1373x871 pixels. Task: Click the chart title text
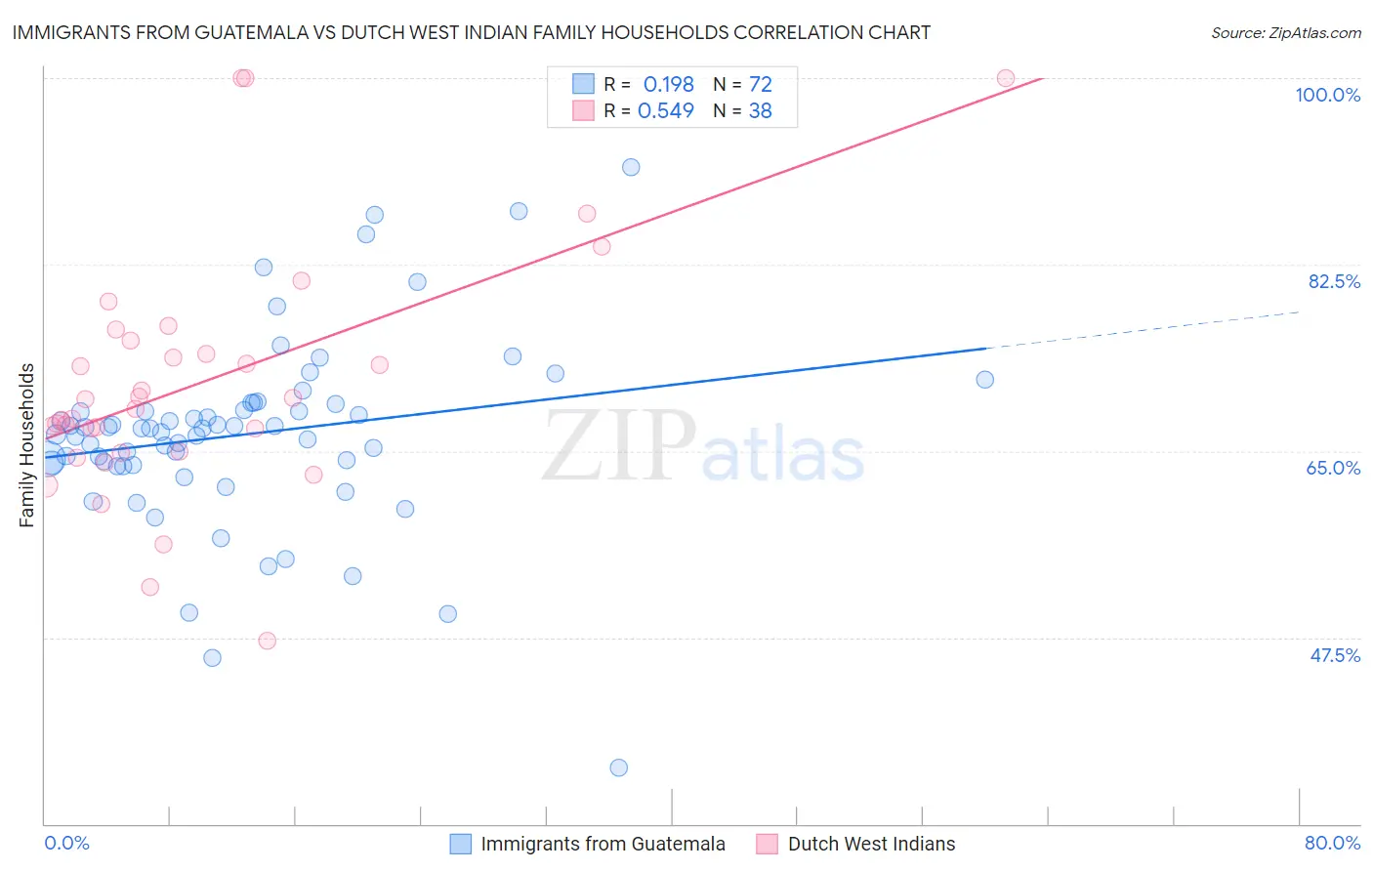click(471, 32)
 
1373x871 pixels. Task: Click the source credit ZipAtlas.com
click(1285, 32)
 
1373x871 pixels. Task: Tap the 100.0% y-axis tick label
click(1327, 95)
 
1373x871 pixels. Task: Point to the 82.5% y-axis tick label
click(1334, 281)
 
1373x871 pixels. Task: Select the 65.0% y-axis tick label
click(1333, 468)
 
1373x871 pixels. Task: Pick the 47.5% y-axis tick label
click(1335, 655)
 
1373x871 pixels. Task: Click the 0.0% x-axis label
click(66, 843)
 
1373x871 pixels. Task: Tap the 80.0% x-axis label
click(1332, 843)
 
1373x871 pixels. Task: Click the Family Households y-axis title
click(27, 445)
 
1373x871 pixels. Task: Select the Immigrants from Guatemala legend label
click(603, 844)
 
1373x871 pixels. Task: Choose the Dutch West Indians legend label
click(871, 844)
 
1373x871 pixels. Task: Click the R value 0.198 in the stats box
click(668, 84)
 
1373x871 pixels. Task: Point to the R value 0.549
click(665, 110)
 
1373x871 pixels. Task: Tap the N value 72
click(760, 84)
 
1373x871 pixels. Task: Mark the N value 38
click(760, 110)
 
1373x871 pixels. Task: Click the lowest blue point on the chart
click(618, 767)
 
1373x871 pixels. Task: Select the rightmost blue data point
click(984, 380)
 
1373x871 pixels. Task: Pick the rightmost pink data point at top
click(1005, 78)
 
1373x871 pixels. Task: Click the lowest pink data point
click(267, 641)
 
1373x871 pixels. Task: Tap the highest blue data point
click(631, 167)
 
